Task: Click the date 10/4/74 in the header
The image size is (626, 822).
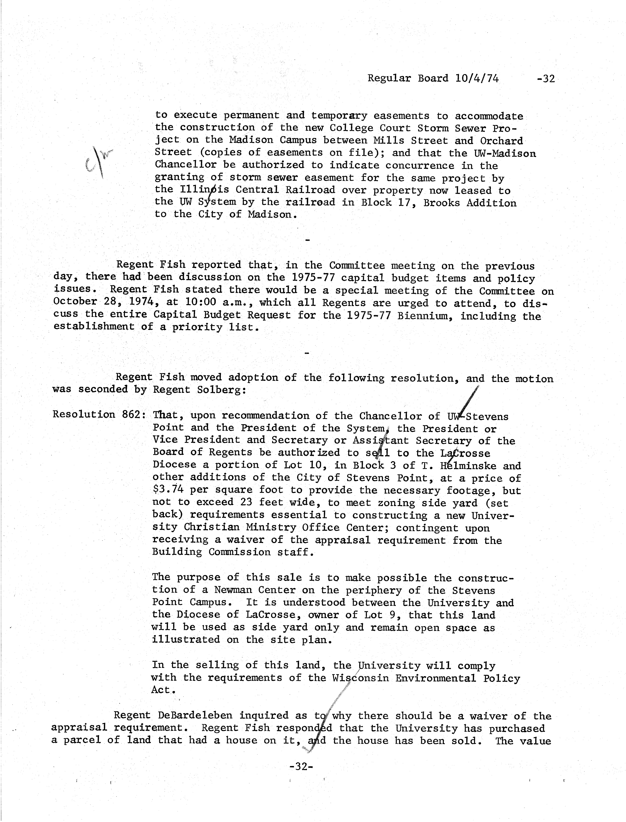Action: pos(477,78)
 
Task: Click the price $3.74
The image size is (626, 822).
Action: pos(168,490)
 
